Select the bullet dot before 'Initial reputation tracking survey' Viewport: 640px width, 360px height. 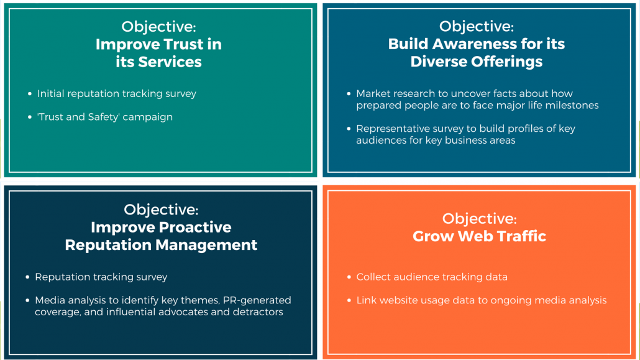30,94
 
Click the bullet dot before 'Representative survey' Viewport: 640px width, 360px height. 349,129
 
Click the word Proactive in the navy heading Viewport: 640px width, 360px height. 195,227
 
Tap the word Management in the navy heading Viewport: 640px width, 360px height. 206,245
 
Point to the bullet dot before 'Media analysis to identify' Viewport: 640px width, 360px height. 27,300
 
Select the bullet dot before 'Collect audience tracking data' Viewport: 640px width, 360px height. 349,277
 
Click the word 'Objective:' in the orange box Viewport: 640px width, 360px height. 479,219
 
